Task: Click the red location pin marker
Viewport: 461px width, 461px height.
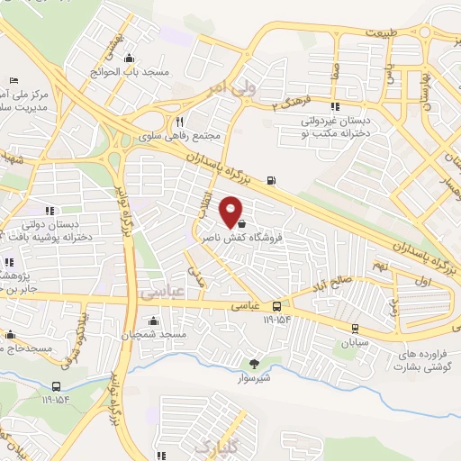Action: (232, 212)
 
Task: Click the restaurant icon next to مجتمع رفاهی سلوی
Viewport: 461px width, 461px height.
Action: (179, 122)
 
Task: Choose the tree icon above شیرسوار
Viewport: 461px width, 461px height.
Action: (254, 365)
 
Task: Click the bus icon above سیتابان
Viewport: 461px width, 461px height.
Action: (354, 329)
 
